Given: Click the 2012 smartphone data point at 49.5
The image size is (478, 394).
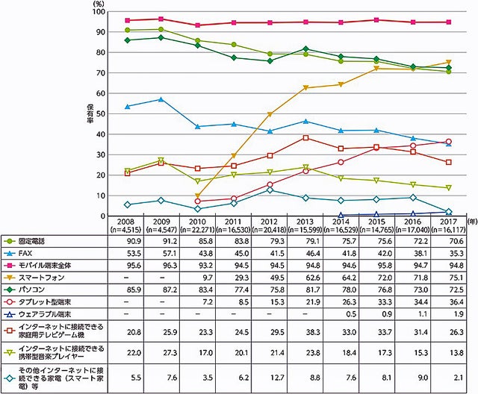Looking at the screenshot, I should click(269, 114).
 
